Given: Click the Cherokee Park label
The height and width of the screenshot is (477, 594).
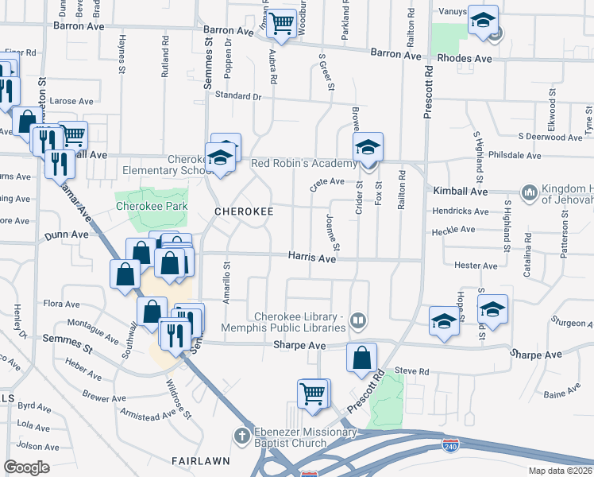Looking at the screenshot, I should pos(151,205).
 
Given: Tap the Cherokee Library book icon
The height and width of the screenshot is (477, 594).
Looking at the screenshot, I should pos(358,321).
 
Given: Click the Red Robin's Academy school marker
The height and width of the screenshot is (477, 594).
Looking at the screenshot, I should pos(368,149).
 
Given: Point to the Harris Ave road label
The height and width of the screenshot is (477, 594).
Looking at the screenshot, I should pos(312,258).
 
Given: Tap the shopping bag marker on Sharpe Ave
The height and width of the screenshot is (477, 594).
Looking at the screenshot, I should pos(361,359).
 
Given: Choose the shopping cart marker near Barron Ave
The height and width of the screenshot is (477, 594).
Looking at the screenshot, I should pos(280,25).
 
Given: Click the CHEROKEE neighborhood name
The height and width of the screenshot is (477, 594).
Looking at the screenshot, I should pos(245,211).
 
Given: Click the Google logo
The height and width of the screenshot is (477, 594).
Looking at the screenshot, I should pos(27,467).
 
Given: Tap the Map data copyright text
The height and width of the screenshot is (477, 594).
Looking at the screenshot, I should pos(560,471).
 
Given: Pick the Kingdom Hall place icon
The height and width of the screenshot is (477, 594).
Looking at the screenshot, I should pos(529,192).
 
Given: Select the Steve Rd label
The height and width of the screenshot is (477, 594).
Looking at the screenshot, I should pos(411,371).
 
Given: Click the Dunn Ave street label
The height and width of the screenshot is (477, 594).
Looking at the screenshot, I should pos(67,235).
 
